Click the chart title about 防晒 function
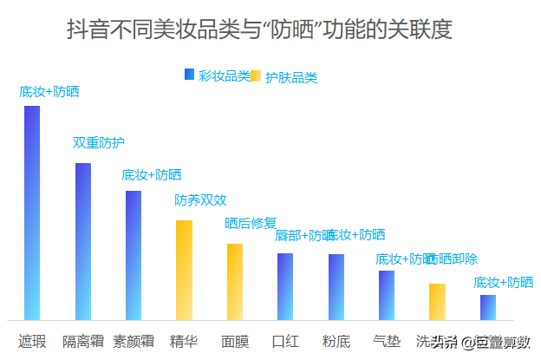click(x=259, y=29)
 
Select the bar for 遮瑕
click(x=32, y=213)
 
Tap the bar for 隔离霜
click(x=83, y=241)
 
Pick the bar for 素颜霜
click(x=134, y=255)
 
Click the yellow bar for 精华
click(x=184, y=270)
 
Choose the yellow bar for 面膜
click(x=235, y=282)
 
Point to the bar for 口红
click(x=285, y=286)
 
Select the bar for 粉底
click(x=336, y=287)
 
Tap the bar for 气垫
click(x=387, y=295)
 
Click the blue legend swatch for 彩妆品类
click(x=189, y=75)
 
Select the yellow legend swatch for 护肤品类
click(x=256, y=76)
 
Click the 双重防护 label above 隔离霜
click(x=98, y=142)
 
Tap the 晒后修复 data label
click(x=251, y=223)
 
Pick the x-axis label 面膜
click(x=235, y=340)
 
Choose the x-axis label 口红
click(x=285, y=340)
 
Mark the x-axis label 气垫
click(x=387, y=340)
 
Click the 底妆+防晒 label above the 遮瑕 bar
click(x=49, y=91)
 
